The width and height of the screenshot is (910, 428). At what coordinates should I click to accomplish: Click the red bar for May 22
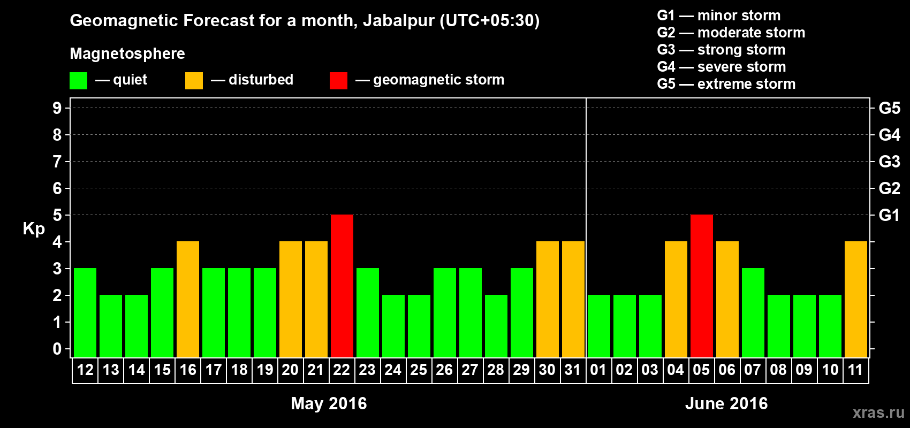point(342,286)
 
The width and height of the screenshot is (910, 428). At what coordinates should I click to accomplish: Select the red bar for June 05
point(702,286)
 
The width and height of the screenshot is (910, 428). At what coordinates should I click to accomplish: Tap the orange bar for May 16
point(188,299)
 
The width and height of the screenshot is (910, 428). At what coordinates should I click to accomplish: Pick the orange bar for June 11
point(856,299)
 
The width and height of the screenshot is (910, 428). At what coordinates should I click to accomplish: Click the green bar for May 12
point(85,312)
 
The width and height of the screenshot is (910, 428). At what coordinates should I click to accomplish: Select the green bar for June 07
point(753,312)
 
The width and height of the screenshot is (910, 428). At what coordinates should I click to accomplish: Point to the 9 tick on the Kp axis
point(57,108)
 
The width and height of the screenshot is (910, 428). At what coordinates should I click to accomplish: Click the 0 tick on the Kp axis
point(57,349)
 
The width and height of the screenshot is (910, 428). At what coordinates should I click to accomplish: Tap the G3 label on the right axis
point(889,162)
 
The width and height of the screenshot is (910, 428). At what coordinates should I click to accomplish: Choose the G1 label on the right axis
point(889,215)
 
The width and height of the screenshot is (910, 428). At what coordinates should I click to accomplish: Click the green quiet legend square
point(79,81)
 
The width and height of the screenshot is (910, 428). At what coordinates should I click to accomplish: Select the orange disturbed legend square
point(194,81)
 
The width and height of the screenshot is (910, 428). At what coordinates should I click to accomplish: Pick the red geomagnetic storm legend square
point(338,81)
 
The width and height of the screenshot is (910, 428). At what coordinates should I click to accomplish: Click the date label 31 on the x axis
point(573,370)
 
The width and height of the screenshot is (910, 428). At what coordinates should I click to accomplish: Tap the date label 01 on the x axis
point(598,370)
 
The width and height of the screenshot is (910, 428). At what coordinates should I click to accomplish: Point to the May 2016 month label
point(329,403)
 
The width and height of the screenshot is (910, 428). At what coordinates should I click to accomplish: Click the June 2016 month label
point(726,403)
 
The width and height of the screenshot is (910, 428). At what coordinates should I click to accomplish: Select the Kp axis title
point(34,229)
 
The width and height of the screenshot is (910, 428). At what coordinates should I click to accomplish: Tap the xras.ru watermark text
point(878,412)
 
